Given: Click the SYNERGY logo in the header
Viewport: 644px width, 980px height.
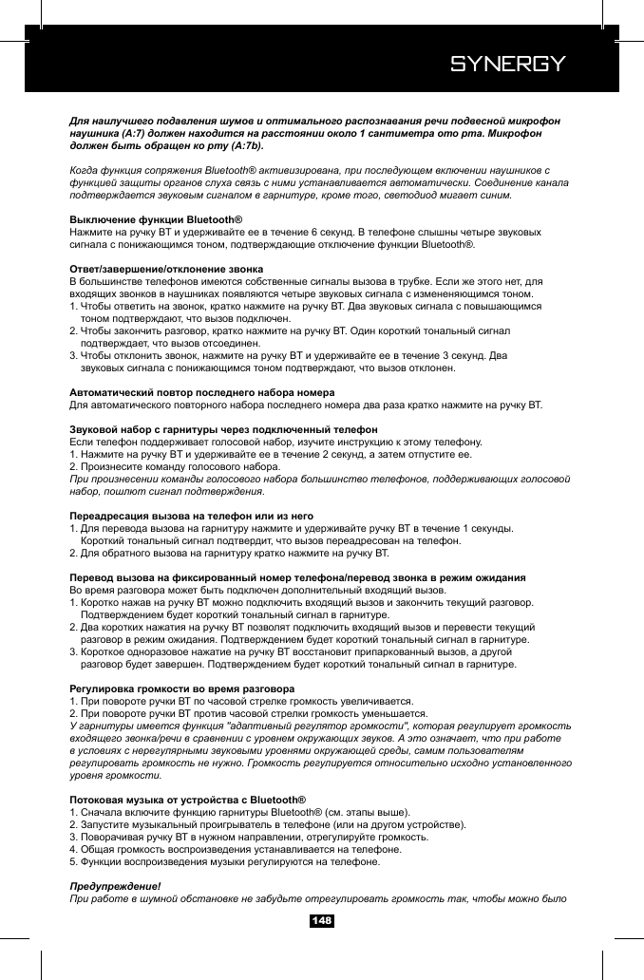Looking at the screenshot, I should (x=507, y=65).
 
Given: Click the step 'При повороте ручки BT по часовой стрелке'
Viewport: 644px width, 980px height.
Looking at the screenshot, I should (x=242, y=700).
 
